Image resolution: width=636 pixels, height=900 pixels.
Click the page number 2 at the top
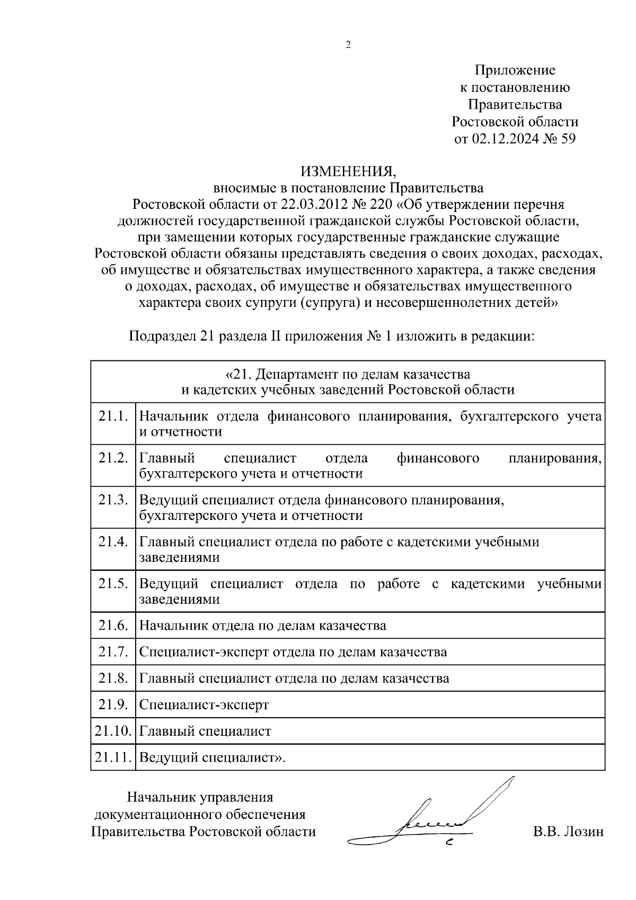tap(348, 45)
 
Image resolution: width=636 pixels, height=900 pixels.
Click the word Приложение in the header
tap(515, 70)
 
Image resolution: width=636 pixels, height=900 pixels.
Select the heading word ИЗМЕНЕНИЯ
tap(348, 171)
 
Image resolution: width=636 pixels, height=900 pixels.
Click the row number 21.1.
tap(113, 416)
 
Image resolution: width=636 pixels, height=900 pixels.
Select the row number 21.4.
tap(113, 542)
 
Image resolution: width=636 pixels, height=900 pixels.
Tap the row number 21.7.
tap(113, 651)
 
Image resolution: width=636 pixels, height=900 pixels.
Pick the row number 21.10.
tap(113, 731)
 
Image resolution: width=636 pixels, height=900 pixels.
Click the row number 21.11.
tap(113, 757)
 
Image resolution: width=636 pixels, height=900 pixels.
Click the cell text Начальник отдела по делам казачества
tap(262, 625)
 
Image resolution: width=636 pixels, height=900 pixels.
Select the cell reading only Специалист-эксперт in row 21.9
tap(204, 705)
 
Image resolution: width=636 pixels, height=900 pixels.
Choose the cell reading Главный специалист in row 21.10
tap(205, 731)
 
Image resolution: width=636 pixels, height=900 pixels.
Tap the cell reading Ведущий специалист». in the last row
tap(212, 757)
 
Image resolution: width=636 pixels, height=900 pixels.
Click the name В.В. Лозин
tap(568, 832)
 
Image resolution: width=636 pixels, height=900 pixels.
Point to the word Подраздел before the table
tap(162, 336)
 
